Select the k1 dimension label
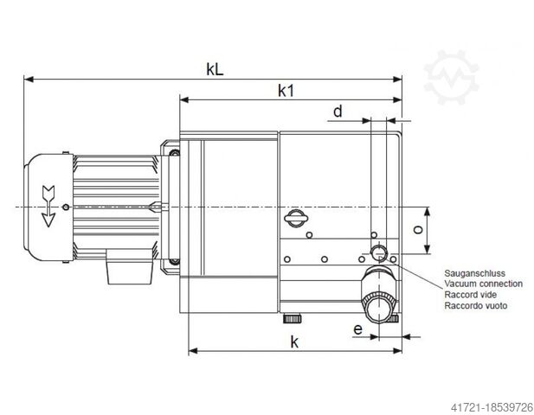click(x=286, y=89)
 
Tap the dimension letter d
click(x=338, y=112)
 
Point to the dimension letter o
click(x=417, y=231)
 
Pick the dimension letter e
click(x=358, y=328)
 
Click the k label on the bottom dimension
click(x=294, y=342)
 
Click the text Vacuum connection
click(x=482, y=283)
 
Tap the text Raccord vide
click(x=469, y=294)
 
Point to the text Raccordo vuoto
click(x=475, y=305)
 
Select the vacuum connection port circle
click(x=377, y=252)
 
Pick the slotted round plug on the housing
click(x=295, y=220)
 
